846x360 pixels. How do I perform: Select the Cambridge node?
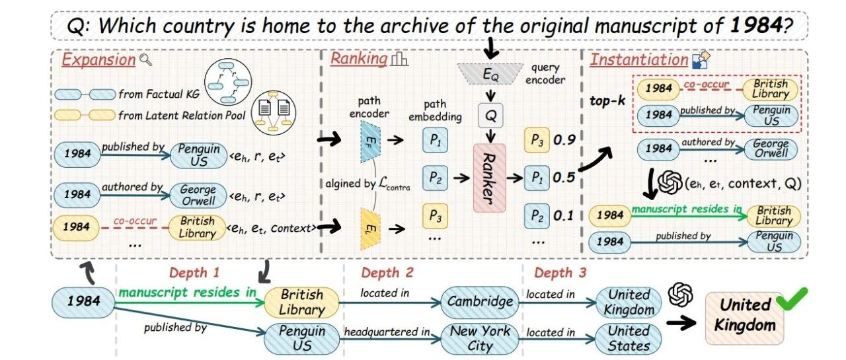[481, 302]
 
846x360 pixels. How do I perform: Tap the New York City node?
[481, 338]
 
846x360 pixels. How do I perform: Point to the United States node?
[629, 338]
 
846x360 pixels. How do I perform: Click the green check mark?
[788, 301]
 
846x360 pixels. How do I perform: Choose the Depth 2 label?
[387, 273]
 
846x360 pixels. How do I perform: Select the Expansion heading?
[98, 59]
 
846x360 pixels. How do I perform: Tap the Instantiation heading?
[638, 59]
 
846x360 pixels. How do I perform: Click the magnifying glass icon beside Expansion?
[146, 59]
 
